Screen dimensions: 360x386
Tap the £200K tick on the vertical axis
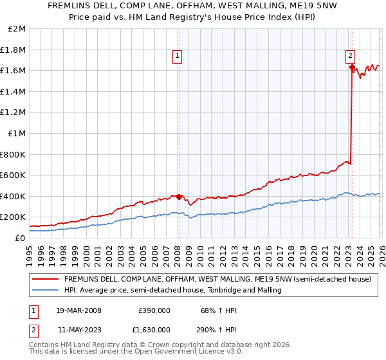(13, 217)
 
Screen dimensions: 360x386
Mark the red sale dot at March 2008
(179, 197)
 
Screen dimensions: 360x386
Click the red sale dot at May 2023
(352, 67)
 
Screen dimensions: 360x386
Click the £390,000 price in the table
(154, 310)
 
